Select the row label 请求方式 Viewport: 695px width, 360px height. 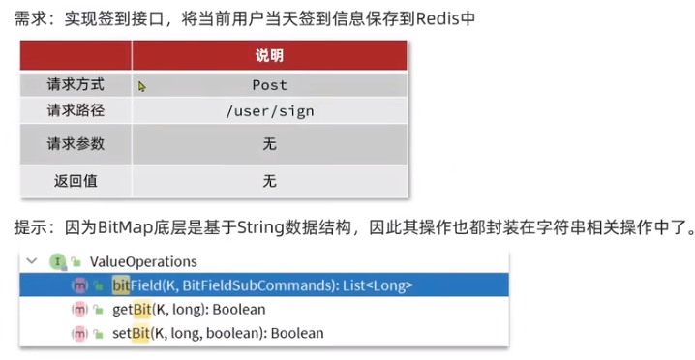coord(76,84)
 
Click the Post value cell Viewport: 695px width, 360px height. coord(269,85)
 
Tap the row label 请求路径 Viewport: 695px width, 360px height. coord(76,110)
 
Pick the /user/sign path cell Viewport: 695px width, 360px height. coord(269,111)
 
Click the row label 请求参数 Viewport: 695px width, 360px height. coord(76,144)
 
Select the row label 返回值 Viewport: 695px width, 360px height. coord(76,180)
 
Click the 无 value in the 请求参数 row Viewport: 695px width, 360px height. coord(269,144)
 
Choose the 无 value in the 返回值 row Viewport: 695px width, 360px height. coord(269,181)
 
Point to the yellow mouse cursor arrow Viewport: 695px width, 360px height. coord(142,86)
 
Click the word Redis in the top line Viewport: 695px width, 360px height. coord(438,19)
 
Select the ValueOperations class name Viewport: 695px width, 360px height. coord(143,261)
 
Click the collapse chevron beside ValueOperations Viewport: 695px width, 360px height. coord(31,261)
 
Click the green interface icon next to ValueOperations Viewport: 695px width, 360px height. coord(58,261)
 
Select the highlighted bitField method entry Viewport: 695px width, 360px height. coord(262,285)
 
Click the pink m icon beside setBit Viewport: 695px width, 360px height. coord(79,333)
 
